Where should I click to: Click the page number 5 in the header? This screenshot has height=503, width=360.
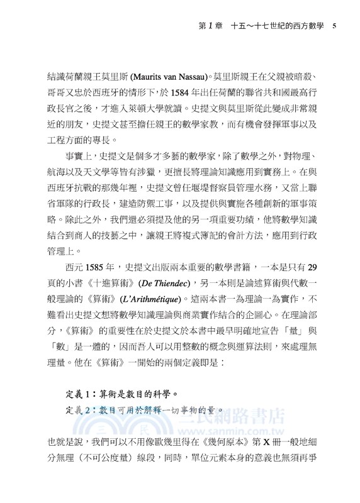[334, 26]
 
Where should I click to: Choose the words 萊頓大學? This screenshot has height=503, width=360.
[162, 108]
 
